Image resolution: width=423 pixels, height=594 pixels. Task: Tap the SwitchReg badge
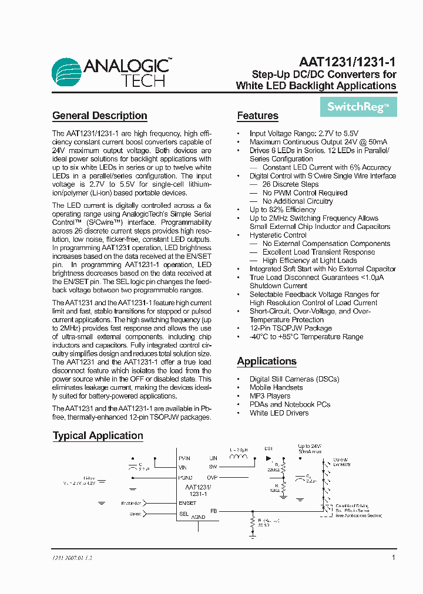(358, 107)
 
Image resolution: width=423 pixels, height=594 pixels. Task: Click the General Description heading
(100, 116)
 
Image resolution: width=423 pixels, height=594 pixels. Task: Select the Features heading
(257, 116)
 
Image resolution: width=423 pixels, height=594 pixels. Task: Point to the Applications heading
(267, 361)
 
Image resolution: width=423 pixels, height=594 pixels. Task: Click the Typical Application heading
(98, 436)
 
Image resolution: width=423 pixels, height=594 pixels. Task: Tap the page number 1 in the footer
(393, 558)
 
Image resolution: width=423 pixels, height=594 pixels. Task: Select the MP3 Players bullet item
(270, 396)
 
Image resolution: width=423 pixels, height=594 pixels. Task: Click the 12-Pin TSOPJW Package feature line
(290, 328)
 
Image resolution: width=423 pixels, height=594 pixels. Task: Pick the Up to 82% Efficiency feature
(283, 210)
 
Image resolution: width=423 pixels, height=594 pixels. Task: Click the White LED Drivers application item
(279, 413)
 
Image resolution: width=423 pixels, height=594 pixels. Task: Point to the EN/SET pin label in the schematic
(187, 503)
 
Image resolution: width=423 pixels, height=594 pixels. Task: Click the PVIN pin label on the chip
(184, 458)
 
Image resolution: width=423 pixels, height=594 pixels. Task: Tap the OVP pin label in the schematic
(212, 478)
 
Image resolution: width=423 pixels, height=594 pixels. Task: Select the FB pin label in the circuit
(214, 511)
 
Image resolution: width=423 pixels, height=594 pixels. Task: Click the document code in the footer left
(69, 558)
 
